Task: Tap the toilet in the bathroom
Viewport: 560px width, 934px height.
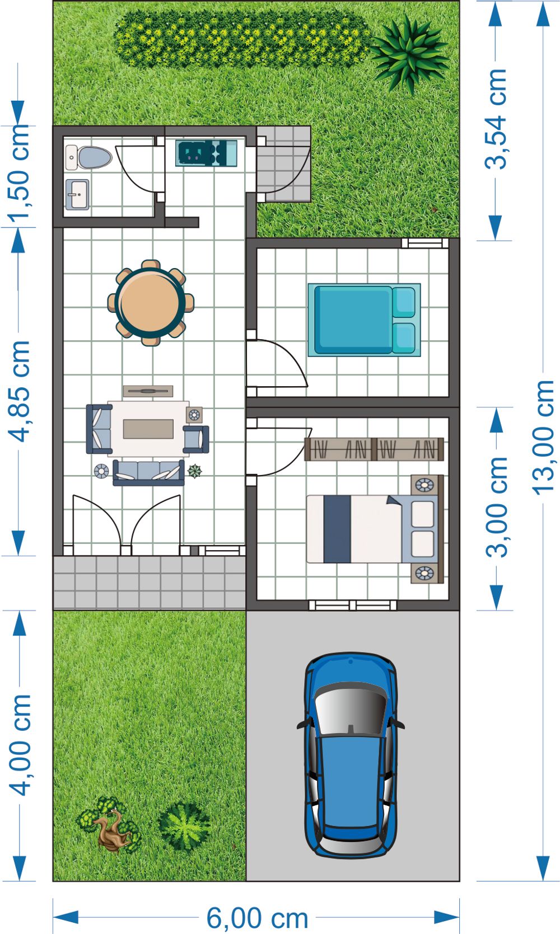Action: click(89, 158)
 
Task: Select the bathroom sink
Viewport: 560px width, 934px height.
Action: click(77, 194)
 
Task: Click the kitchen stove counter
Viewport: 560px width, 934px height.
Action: click(206, 153)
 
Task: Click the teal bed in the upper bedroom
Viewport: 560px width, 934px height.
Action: click(365, 320)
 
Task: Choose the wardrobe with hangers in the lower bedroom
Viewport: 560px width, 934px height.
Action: click(374, 449)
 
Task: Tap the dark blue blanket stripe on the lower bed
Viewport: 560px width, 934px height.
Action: click(337, 529)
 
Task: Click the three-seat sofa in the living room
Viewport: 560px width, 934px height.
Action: click(148, 473)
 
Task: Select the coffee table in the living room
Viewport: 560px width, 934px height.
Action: click(148, 429)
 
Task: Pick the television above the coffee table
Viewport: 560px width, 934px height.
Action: click(148, 391)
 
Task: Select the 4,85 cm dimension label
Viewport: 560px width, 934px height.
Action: click(19, 391)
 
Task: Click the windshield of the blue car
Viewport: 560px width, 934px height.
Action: click(351, 709)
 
